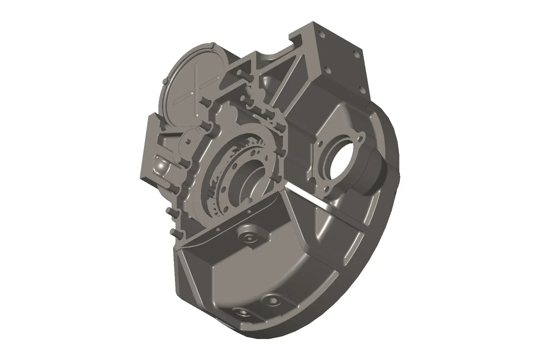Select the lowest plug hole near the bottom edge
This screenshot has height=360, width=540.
pyautogui.click(x=242, y=312)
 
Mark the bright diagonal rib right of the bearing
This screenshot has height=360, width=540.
pyautogui.click(x=310, y=194)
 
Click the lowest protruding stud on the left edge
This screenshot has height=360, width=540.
pyautogui.click(x=173, y=232)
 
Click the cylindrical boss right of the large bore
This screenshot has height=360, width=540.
pyautogui.click(x=376, y=171)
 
